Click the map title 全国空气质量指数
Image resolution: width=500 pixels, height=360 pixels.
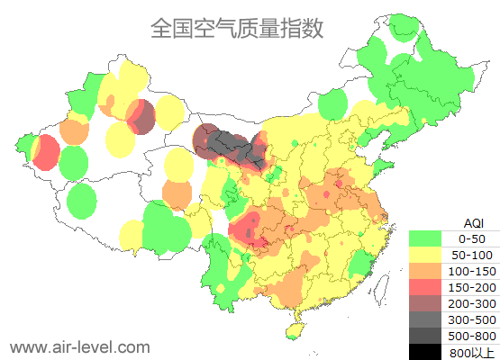pos(236,28)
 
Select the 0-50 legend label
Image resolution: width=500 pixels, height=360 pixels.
pos(471,238)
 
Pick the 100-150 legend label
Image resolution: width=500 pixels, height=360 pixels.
pos(471,271)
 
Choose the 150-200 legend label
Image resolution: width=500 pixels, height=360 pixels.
pos(471,287)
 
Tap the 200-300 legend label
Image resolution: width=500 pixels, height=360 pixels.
pos(471,303)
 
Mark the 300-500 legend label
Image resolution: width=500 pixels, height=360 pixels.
pos(471,319)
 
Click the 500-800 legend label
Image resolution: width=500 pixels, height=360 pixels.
pos(471,336)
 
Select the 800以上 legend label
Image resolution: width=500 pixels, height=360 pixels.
pos(471,352)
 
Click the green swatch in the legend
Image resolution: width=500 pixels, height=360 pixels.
pos(425,238)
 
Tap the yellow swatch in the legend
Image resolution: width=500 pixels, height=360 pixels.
pos(425,255)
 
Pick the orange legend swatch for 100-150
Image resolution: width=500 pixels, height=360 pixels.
pos(425,271)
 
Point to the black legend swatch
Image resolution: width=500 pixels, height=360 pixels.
pos(425,352)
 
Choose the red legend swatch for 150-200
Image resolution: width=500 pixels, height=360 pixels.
pos(425,287)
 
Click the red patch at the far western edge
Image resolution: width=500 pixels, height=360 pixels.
pos(43,154)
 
